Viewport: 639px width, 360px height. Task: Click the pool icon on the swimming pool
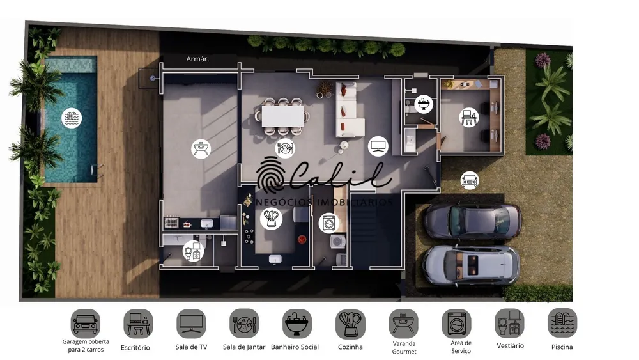point(72,118)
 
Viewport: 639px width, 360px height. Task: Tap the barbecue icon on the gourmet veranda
point(201,148)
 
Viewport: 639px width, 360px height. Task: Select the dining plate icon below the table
point(285,148)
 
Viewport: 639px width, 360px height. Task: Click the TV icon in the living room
point(378,146)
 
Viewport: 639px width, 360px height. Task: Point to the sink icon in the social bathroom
point(424,104)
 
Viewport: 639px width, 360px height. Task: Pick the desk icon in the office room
point(468,118)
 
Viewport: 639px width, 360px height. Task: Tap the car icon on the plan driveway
point(470,180)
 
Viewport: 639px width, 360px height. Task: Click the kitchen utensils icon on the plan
point(271,219)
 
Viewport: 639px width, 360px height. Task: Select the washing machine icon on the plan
point(329,223)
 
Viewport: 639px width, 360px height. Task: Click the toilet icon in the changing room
point(193,250)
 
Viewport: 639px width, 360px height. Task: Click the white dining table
point(283,116)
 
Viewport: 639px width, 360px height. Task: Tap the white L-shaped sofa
point(349,111)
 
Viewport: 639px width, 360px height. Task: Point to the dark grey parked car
point(472,221)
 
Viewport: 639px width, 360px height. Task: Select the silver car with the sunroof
point(471,265)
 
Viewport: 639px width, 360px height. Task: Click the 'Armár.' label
point(197,59)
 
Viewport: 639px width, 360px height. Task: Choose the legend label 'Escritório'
point(135,348)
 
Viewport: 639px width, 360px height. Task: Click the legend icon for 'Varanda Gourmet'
point(403,324)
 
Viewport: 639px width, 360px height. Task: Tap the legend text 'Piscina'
point(562,347)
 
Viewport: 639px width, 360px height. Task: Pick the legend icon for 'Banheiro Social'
point(297,324)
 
